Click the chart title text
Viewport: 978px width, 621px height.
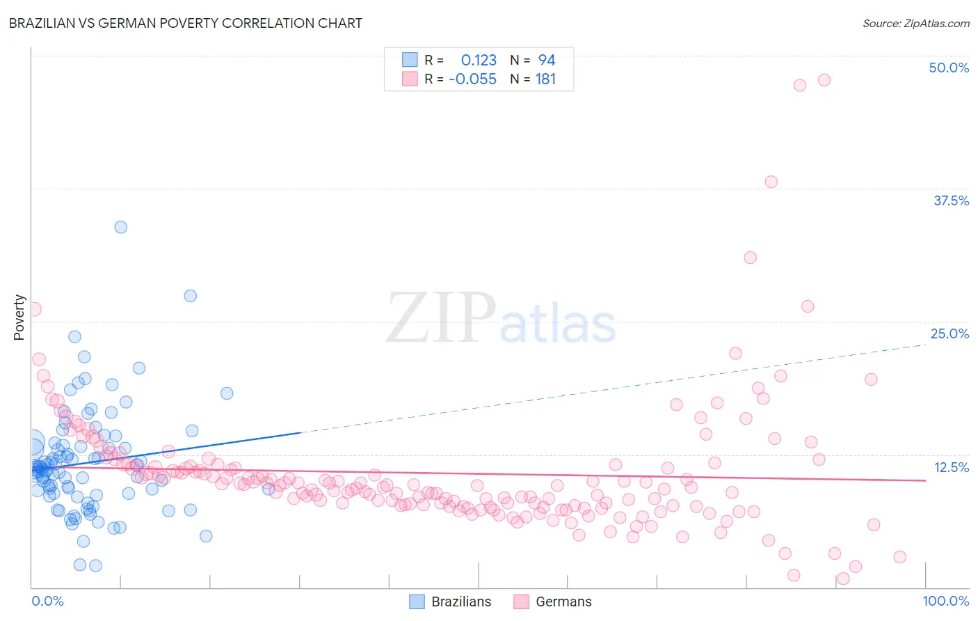185,23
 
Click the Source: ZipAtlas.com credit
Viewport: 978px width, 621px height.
915,23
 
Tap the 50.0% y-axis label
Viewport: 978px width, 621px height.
948,68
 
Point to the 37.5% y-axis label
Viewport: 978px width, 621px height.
950,201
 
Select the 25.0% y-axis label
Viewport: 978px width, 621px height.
949,333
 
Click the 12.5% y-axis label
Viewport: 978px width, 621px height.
950,467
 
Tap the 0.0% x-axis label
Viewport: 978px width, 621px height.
47,601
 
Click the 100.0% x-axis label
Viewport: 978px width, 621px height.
945,601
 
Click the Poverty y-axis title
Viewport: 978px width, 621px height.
19,317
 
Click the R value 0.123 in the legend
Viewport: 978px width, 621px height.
479,60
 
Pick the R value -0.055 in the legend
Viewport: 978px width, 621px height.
473,79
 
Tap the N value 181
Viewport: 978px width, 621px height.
545,79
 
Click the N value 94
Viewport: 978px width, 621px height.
546,60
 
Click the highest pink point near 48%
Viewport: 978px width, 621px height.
824,80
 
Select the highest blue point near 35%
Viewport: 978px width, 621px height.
120,227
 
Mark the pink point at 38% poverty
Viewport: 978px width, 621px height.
771,182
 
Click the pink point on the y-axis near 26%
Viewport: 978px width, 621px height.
34,309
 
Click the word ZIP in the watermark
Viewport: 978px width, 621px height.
440,318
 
